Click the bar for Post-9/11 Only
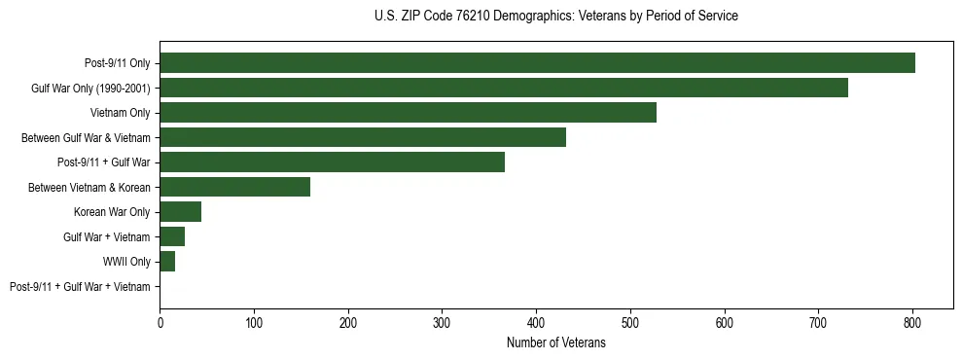coord(537,63)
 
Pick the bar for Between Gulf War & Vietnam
coord(363,137)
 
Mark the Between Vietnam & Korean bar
coord(234,187)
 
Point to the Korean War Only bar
coord(180,212)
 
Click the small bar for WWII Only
coord(167,262)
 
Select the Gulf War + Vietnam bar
coord(172,236)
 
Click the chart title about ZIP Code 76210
coord(555,17)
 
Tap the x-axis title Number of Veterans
coord(555,343)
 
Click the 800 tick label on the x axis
coord(912,322)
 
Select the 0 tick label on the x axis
coord(160,322)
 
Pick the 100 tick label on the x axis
coord(254,322)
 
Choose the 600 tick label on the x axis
coord(724,322)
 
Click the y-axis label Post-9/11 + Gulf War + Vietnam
coord(80,287)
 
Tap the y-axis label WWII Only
coord(126,262)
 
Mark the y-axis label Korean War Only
coord(112,212)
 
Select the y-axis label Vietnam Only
coord(121,113)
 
